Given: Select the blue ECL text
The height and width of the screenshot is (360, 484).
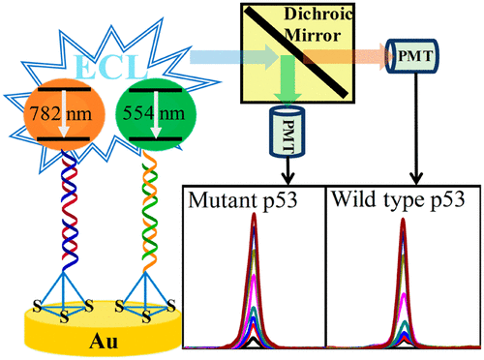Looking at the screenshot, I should point(106,61).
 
